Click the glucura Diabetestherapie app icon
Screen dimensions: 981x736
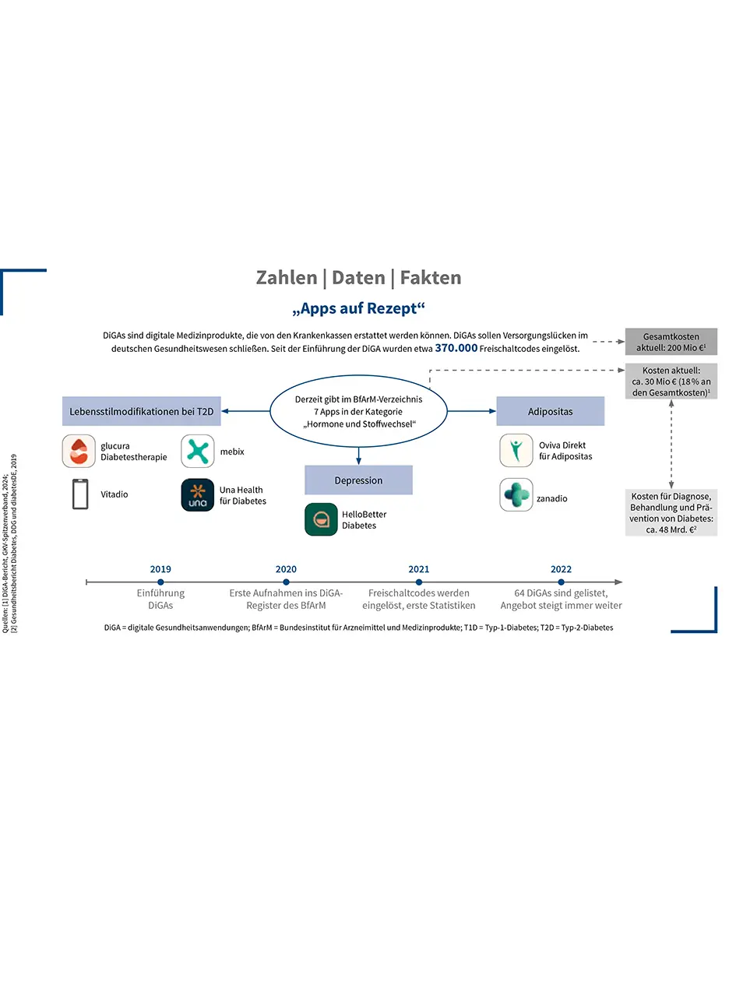coord(79,452)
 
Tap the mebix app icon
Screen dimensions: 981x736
coord(198,452)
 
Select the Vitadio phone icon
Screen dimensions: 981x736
coord(80,494)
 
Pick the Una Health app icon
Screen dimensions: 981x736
coord(198,495)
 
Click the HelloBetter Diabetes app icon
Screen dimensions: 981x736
coord(321,519)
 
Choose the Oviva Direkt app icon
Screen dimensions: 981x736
coord(516,451)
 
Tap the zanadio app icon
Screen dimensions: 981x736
coord(516,495)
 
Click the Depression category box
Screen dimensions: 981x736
coord(358,480)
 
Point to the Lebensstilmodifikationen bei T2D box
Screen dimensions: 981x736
coord(142,411)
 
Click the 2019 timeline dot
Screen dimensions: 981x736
coord(160,582)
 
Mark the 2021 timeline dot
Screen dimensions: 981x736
coord(419,582)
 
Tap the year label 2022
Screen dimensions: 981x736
coord(561,569)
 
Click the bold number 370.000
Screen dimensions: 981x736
coord(456,349)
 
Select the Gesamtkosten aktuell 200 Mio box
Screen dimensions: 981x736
coord(671,342)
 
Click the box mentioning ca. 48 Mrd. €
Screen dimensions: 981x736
coord(671,512)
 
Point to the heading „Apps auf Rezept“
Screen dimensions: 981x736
coord(358,308)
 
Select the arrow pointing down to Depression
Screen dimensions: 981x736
coord(358,455)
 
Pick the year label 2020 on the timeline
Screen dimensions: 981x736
coord(286,569)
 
